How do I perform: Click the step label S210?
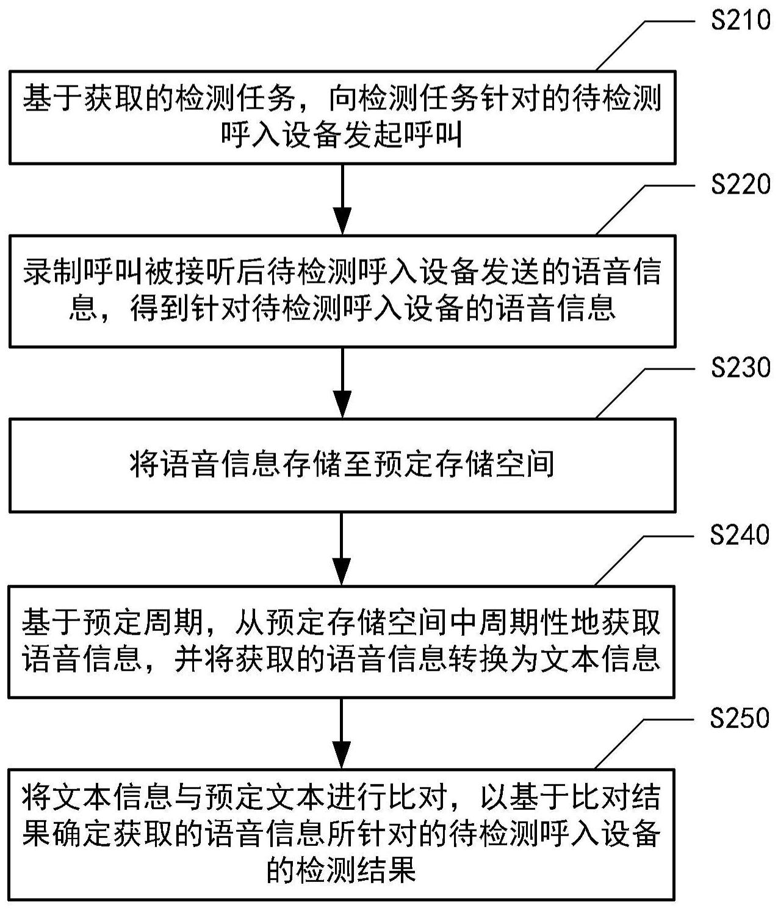point(740,21)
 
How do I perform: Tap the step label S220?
point(740,184)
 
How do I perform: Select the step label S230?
point(740,368)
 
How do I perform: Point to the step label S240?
point(740,535)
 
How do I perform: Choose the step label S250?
point(740,718)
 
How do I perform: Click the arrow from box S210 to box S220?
point(342,199)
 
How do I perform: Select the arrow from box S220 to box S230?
point(342,382)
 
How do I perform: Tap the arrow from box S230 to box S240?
point(342,549)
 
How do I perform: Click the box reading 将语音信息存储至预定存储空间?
point(342,465)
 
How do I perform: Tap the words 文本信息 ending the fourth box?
point(600,660)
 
